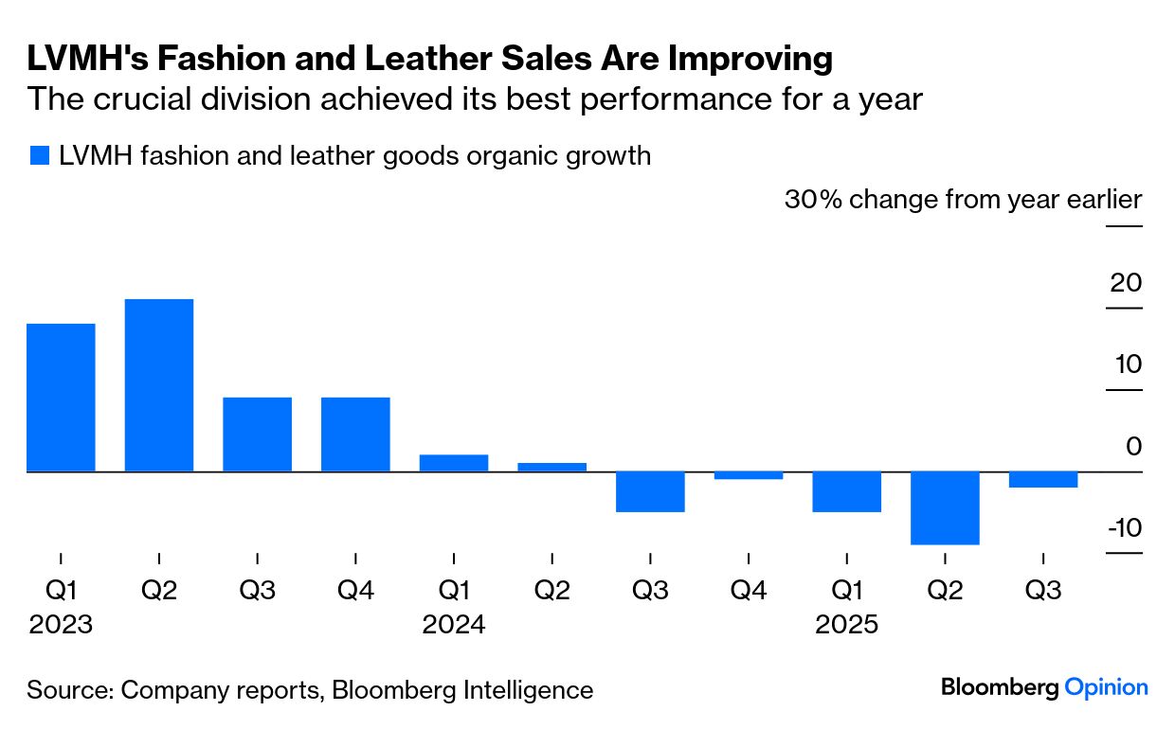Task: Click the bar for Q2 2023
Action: click(159, 385)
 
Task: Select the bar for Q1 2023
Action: click(61, 398)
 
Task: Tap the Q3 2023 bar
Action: click(257, 435)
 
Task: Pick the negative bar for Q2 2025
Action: click(945, 508)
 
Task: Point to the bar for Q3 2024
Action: click(650, 491)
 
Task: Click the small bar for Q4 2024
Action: click(749, 475)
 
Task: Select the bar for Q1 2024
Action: click(454, 463)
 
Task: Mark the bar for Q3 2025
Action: click(1043, 480)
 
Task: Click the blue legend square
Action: click(39, 156)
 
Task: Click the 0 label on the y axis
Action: click(1133, 446)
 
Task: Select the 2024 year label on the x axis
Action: click(454, 626)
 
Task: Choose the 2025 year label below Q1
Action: click(847, 626)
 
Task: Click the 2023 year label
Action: click(61, 626)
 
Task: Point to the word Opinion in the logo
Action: click(1106, 688)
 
